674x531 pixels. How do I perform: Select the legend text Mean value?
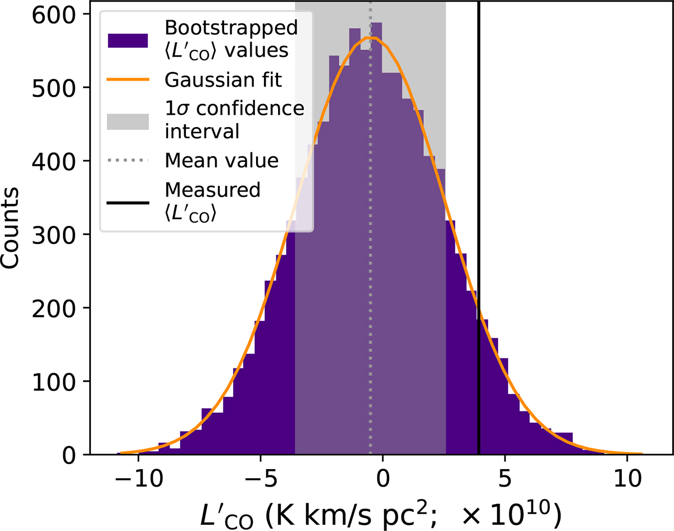click(x=222, y=161)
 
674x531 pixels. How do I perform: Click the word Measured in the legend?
click(x=213, y=190)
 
